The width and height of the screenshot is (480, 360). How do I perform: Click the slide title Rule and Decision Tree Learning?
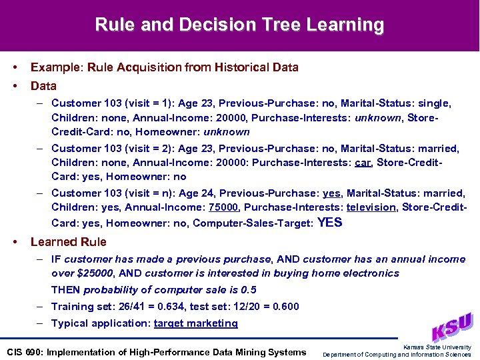pos(239,25)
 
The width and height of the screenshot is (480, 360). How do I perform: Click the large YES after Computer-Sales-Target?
pos(330,223)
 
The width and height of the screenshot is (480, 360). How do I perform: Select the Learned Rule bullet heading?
pos(68,242)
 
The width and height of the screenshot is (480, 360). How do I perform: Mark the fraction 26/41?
pos(132,307)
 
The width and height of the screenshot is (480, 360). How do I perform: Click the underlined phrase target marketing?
pos(195,323)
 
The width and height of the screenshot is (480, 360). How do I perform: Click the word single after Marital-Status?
pos(433,103)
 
